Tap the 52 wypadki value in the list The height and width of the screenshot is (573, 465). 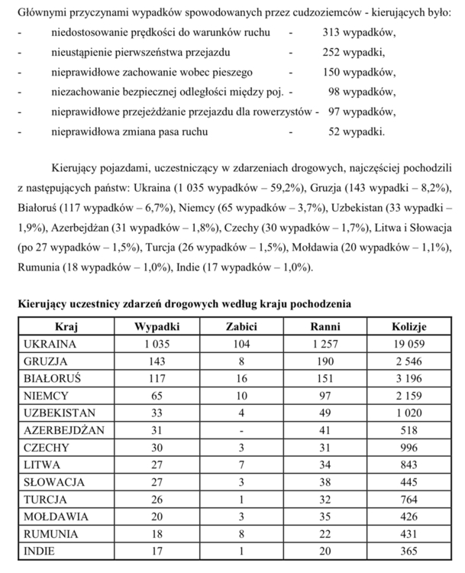357,131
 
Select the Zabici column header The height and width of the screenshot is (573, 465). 241,326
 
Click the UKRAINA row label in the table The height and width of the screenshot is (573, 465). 52,344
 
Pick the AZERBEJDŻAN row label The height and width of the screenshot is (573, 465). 63,430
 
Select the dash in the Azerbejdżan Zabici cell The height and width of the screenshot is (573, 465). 241,430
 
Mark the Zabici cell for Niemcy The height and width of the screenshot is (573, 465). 241,396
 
